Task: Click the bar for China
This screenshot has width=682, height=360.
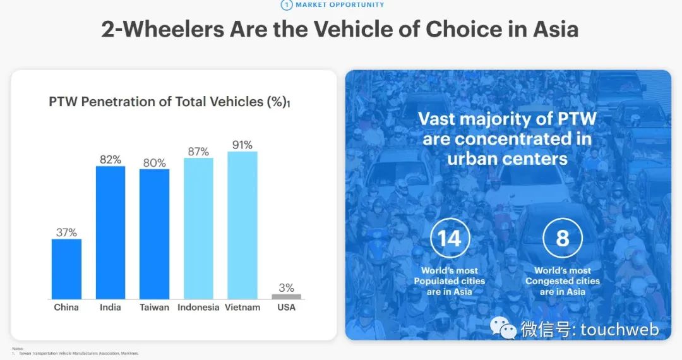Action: pos(66,268)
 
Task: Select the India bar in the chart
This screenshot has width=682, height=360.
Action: pos(111,232)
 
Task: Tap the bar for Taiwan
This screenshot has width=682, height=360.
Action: pos(154,234)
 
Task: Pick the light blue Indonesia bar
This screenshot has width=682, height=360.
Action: pos(198,228)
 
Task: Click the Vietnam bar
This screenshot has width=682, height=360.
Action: pos(242,225)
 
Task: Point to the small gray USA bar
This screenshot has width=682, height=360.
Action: pos(286,296)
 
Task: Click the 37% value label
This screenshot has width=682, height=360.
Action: pos(66,232)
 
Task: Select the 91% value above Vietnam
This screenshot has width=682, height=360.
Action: pos(242,145)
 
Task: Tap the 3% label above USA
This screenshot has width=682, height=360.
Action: pos(286,288)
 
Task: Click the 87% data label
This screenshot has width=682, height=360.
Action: pos(198,151)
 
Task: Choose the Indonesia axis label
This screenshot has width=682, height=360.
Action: pos(198,308)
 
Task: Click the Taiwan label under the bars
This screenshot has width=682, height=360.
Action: pos(154,308)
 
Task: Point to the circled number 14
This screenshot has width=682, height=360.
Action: pos(450,238)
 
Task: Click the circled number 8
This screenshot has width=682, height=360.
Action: pos(562,238)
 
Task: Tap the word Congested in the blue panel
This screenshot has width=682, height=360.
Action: pos(563,281)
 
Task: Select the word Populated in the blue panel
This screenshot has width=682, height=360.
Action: pos(450,281)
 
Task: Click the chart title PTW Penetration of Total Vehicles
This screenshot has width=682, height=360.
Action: pos(168,102)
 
